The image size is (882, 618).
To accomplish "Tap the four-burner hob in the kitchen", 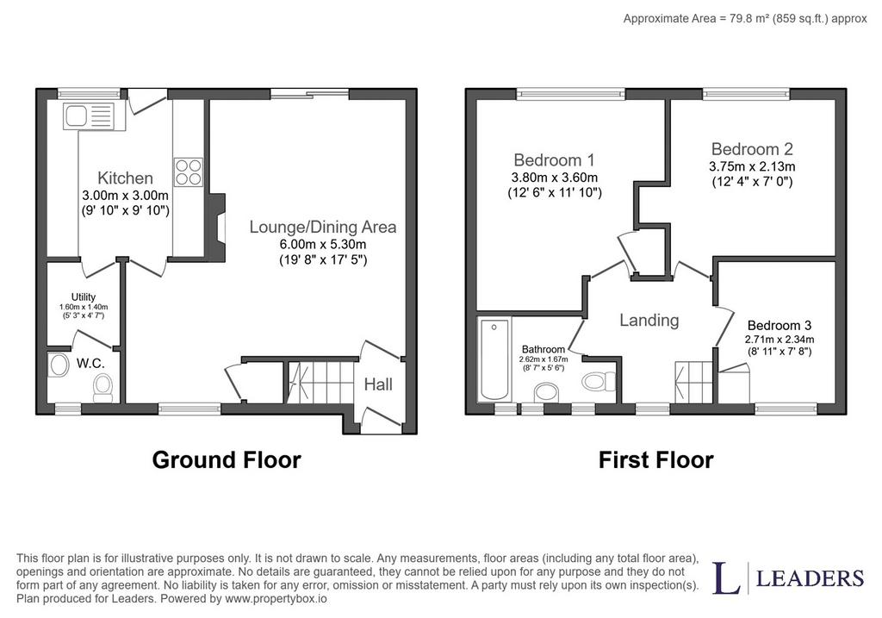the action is [188, 172].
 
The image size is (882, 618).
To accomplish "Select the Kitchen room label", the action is [125, 178].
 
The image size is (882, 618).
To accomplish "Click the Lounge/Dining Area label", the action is [323, 227].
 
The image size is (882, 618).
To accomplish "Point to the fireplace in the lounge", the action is [215, 228].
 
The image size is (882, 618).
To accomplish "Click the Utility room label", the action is [84, 297].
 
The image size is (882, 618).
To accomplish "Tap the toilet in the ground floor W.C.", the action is [102, 388].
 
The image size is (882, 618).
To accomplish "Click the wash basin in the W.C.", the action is [58, 365].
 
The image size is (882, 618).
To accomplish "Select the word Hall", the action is [378, 384].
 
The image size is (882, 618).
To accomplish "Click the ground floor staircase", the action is [320, 382].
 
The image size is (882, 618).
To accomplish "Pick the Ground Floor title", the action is [227, 460].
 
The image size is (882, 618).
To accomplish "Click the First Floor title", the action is [655, 460].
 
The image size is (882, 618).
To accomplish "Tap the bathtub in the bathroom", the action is [494, 359].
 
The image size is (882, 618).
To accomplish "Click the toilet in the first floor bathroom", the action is [599, 382].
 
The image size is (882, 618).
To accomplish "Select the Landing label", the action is [649, 321].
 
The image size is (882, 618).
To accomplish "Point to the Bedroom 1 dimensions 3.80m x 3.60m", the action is [554, 178].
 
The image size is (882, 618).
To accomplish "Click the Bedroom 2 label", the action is [752, 149].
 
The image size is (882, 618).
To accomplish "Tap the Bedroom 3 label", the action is [779, 325].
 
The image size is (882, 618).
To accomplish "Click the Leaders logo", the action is [788, 577].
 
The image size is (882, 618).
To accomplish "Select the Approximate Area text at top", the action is [745, 19].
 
